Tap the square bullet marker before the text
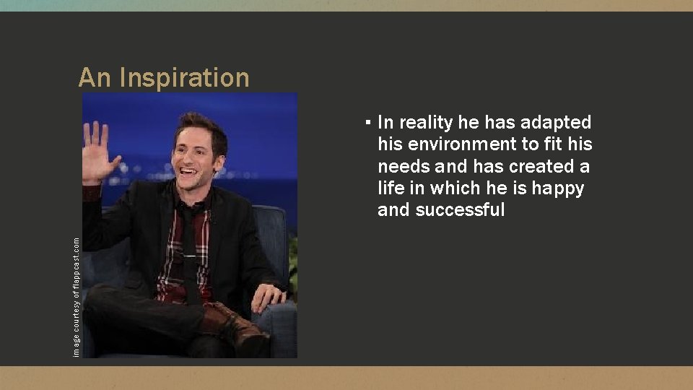point(368,123)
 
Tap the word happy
point(558,188)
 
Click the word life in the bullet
point(390,188)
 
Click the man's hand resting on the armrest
point(268,296)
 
